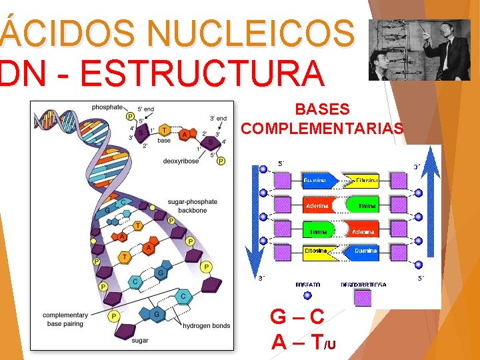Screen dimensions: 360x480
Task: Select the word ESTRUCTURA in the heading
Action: (x=201, y=73)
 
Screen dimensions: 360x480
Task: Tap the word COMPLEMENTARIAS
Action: (x=322, y=128)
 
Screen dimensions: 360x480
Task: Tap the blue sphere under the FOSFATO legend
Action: (x=307, y=296)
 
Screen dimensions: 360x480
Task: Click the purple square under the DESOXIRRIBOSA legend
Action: (x=363, y=297)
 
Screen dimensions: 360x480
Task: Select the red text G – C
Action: (x=297, y=316)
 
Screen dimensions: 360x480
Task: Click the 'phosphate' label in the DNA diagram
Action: (x=107, y=107)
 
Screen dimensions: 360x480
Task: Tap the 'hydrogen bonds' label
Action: (x=207, y=325)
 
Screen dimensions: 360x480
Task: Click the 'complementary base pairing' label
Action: (x=65, y=319)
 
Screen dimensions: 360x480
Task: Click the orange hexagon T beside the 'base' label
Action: (x=163, y=131)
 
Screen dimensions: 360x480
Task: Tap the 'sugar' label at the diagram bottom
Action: (x=140, y=340)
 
